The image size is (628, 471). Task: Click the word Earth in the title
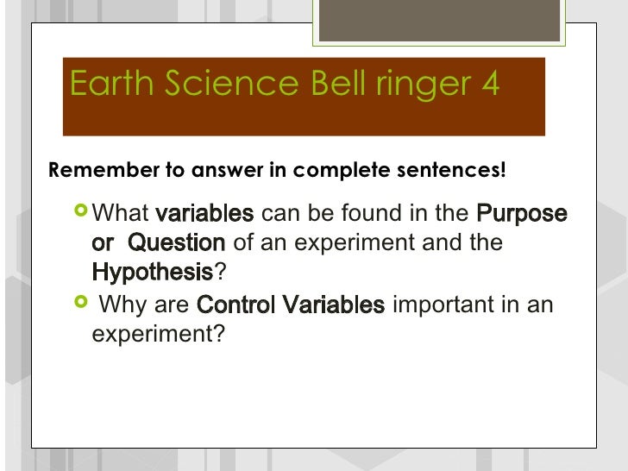(108, 85)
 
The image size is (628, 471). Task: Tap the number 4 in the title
(489, 85)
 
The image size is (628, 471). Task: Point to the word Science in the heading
(227, 85)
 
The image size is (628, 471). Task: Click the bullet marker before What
(81, 211)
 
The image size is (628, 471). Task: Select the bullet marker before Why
(81, 304)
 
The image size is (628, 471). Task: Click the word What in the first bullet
(121, 213)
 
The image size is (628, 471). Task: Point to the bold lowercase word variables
(204, 213)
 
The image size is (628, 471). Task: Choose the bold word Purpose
(522, 213)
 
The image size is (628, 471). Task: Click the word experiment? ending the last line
(157, 335)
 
